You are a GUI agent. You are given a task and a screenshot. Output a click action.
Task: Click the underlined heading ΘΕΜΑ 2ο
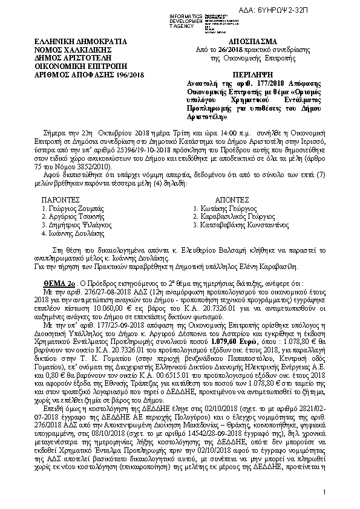[57, 283]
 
